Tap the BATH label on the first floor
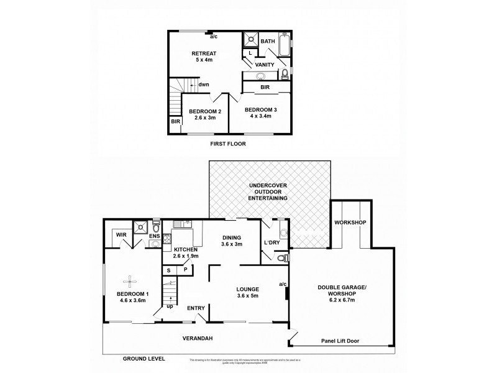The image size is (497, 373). pyautogui.click(x=268, y=42)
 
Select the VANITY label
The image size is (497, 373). pyautogui.click(x=265, y=64)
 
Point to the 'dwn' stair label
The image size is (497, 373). pyautogui.click(x=203, y=85)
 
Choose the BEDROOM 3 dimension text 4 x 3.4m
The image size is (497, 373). pyautogui.click(x=260, y=117)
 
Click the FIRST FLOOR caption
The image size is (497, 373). pyautogui.click(x=229, y=144)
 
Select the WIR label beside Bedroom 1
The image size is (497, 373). pyautogui.click(x=121, y=235)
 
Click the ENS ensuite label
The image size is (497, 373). pyautogui.click(x=154, y=236)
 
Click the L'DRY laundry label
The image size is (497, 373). pyautogui.click(x=272, y=242)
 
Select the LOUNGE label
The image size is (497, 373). pyautogui.click(x=247, y=290)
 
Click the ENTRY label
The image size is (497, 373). pyautogui.click(x=196, y=308)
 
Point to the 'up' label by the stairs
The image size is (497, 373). pyautogui.click(x=169, y=306)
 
